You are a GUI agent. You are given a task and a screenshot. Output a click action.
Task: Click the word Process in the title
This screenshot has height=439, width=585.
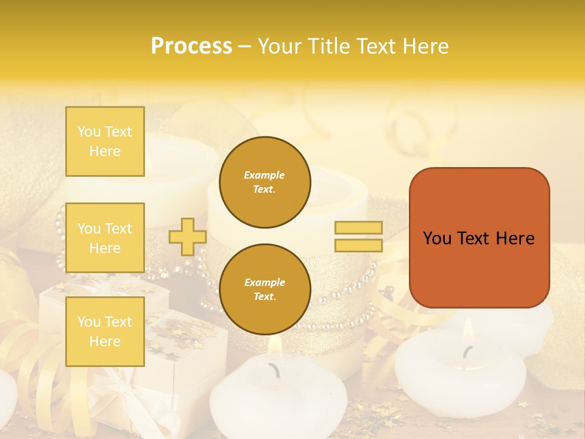pos(191,46)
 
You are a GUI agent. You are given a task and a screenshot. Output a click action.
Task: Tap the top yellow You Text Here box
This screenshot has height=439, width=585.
pos(105,141)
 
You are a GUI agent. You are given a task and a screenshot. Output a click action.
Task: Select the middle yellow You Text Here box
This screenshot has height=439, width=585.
pos(105,238)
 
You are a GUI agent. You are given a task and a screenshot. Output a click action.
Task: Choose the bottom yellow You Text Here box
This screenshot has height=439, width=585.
pos(105,331)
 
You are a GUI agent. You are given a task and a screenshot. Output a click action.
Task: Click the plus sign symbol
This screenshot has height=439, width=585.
pos(187,237)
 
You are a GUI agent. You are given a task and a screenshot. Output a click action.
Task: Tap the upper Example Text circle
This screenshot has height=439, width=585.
pos(264,182)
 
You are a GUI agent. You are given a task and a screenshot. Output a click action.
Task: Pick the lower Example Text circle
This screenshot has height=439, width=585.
pos(264,290)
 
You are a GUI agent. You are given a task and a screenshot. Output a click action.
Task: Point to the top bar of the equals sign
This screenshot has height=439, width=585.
pos(358,228)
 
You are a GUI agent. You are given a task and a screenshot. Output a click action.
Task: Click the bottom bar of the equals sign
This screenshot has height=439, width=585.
pos(358,245)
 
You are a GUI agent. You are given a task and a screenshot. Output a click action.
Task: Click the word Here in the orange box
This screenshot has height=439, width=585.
pos(515,238)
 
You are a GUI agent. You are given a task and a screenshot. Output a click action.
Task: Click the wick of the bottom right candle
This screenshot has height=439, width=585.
pos(467,352)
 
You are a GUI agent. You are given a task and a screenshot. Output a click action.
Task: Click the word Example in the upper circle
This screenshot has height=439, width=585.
pos(264,175)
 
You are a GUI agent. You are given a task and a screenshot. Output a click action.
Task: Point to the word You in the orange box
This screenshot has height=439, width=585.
pos(437,238)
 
